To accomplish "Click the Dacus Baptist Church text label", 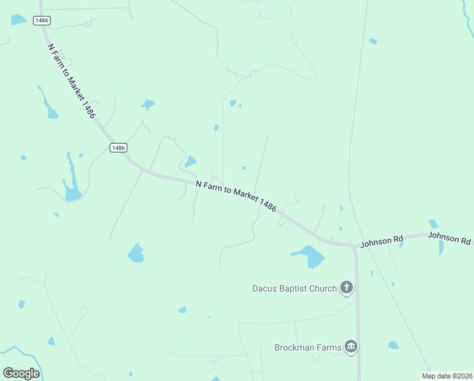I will tap(294, 288).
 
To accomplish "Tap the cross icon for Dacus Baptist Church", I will tap(346, 288).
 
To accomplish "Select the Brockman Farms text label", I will tap(307, 347).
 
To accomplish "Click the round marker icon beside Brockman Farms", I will tap(350, 347).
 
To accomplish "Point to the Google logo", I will tap(21, 373).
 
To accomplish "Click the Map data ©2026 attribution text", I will tap(446, 375).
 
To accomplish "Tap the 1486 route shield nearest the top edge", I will tap(42, 20).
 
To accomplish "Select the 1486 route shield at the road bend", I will tap(118, 147).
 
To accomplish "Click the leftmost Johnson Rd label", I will tap(381, 241).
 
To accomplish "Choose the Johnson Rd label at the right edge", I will tap(449, 239).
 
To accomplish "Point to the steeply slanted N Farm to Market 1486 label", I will tap(71, 80).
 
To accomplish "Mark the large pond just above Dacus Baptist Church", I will tap(311, 256).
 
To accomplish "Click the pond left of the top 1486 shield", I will tap(18, 20).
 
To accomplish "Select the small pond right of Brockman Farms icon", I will tap(394, 345).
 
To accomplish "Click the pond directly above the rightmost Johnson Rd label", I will tap(433, 224).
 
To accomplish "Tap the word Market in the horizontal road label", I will tap(245, 195).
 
